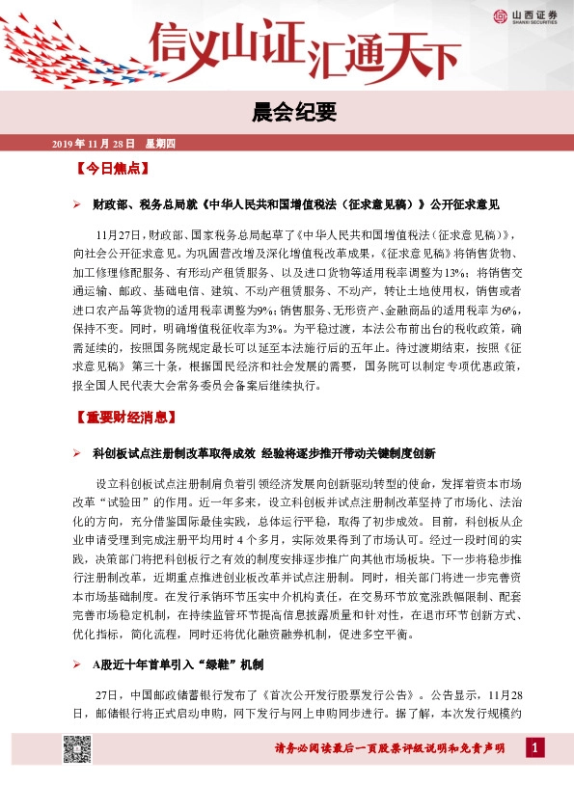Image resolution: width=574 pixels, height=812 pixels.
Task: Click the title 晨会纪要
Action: click(x=287, y=114)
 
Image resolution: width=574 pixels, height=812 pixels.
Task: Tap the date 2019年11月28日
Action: click(x=94, y=144)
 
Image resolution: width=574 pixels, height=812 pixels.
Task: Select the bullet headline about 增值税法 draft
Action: click(x=295, y=205)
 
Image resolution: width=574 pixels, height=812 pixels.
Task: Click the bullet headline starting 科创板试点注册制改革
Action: click(x=265, y=452)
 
